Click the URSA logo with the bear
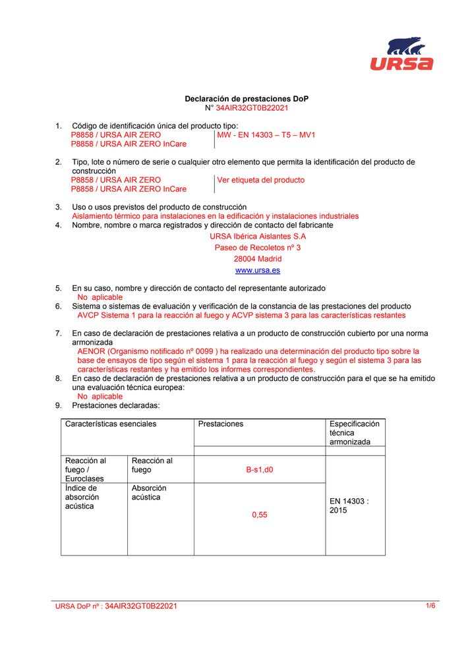click(401, 53)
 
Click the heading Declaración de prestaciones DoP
click(247, 99)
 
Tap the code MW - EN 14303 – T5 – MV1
click(266, 134)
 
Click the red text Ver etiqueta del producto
click(261, 180)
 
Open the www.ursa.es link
click(258, 270)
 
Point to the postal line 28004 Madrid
click(258, 259)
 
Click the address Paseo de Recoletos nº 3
click(258, 248)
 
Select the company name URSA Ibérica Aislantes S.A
click(258, 236)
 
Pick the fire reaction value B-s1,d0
click(260, 470)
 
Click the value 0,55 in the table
click(260, 515)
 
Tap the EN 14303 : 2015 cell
click(349, 505)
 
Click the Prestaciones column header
click(221, 424)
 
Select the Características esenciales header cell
click(111, 424)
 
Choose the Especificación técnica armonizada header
click(355, 433)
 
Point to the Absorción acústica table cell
click(149, 492)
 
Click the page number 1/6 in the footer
click(430, 605)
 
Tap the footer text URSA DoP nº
click(79, 606)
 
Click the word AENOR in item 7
click(91, 352)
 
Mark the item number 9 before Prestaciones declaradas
click(58, 406)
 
